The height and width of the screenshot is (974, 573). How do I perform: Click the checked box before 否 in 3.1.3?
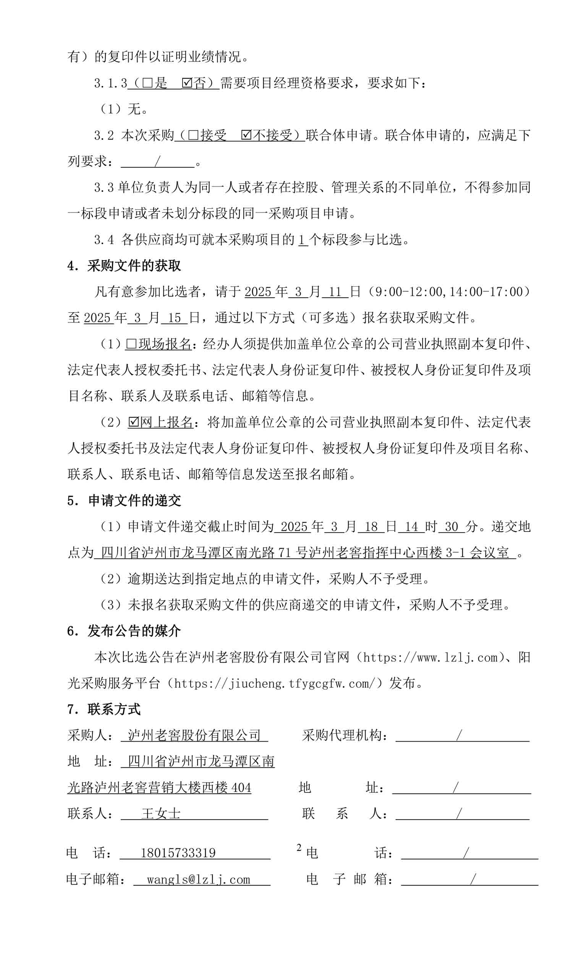pos(187,83)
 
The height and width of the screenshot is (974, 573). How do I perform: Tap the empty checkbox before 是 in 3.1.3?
pos(147,83)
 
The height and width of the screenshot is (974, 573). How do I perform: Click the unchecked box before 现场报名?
pos(131,344)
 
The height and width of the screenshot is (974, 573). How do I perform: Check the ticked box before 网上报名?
pos(134,422)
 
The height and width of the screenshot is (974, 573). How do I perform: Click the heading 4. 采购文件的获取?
pos(124,266)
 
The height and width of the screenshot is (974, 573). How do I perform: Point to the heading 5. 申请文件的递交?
pos(124,501)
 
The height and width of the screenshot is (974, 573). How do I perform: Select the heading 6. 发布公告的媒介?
pos(124,631)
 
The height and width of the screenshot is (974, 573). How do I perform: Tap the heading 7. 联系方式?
pos(104,709)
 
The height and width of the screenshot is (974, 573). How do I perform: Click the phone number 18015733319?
pos(178,852)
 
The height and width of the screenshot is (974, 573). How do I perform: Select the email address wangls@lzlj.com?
pos(198,879)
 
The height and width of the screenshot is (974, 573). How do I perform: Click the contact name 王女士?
pos(161,813)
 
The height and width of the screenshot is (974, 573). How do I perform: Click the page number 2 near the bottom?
pos(299,848)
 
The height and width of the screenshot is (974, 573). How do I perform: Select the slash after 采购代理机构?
pos(459,735)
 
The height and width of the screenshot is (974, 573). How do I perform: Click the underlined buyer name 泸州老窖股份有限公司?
pos(194,735)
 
